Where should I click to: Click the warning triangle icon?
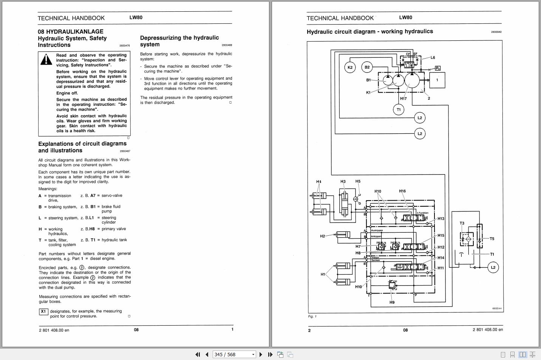click(x=46, y=59)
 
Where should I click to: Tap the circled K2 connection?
click(x=350, y=67)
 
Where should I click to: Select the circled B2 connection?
click(x=367, y=67)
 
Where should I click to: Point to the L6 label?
click(x=433, y=58)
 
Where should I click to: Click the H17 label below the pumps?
click(x=403, y=99)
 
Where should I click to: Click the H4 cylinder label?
click(x=318, y=182)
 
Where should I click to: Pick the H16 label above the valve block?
click(x=402, y=191)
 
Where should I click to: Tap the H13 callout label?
click(x=441, y=219)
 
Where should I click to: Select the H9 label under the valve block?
click(x=392, y=302)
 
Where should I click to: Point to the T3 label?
click(x=462, y=223)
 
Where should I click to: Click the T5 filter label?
click(x=492, y=239)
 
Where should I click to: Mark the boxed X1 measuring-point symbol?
click(x=43, y=312)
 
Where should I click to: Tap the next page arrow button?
click(x=261, y=354)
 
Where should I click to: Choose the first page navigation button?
click(x=198, y=354)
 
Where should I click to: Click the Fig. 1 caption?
click(x=312, y=317)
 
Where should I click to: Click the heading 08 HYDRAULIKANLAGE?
click(x=70, y=32)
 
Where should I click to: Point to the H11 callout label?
click(x=441, y=268)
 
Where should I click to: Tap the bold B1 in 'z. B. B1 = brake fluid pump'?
click(x=93, y=207)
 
